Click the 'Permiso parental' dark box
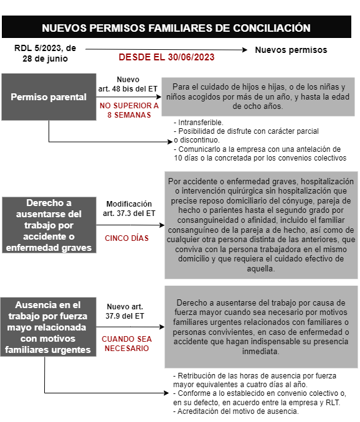click(49, 97)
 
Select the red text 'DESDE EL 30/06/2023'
click(166, 57)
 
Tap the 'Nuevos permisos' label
click(291, 50)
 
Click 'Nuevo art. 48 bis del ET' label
click(128, 84)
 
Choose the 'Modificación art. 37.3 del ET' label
click(129, 209)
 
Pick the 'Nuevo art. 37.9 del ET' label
click(125, 311)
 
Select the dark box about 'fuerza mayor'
click(49, 327)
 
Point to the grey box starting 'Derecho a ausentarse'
click(261, 326)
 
